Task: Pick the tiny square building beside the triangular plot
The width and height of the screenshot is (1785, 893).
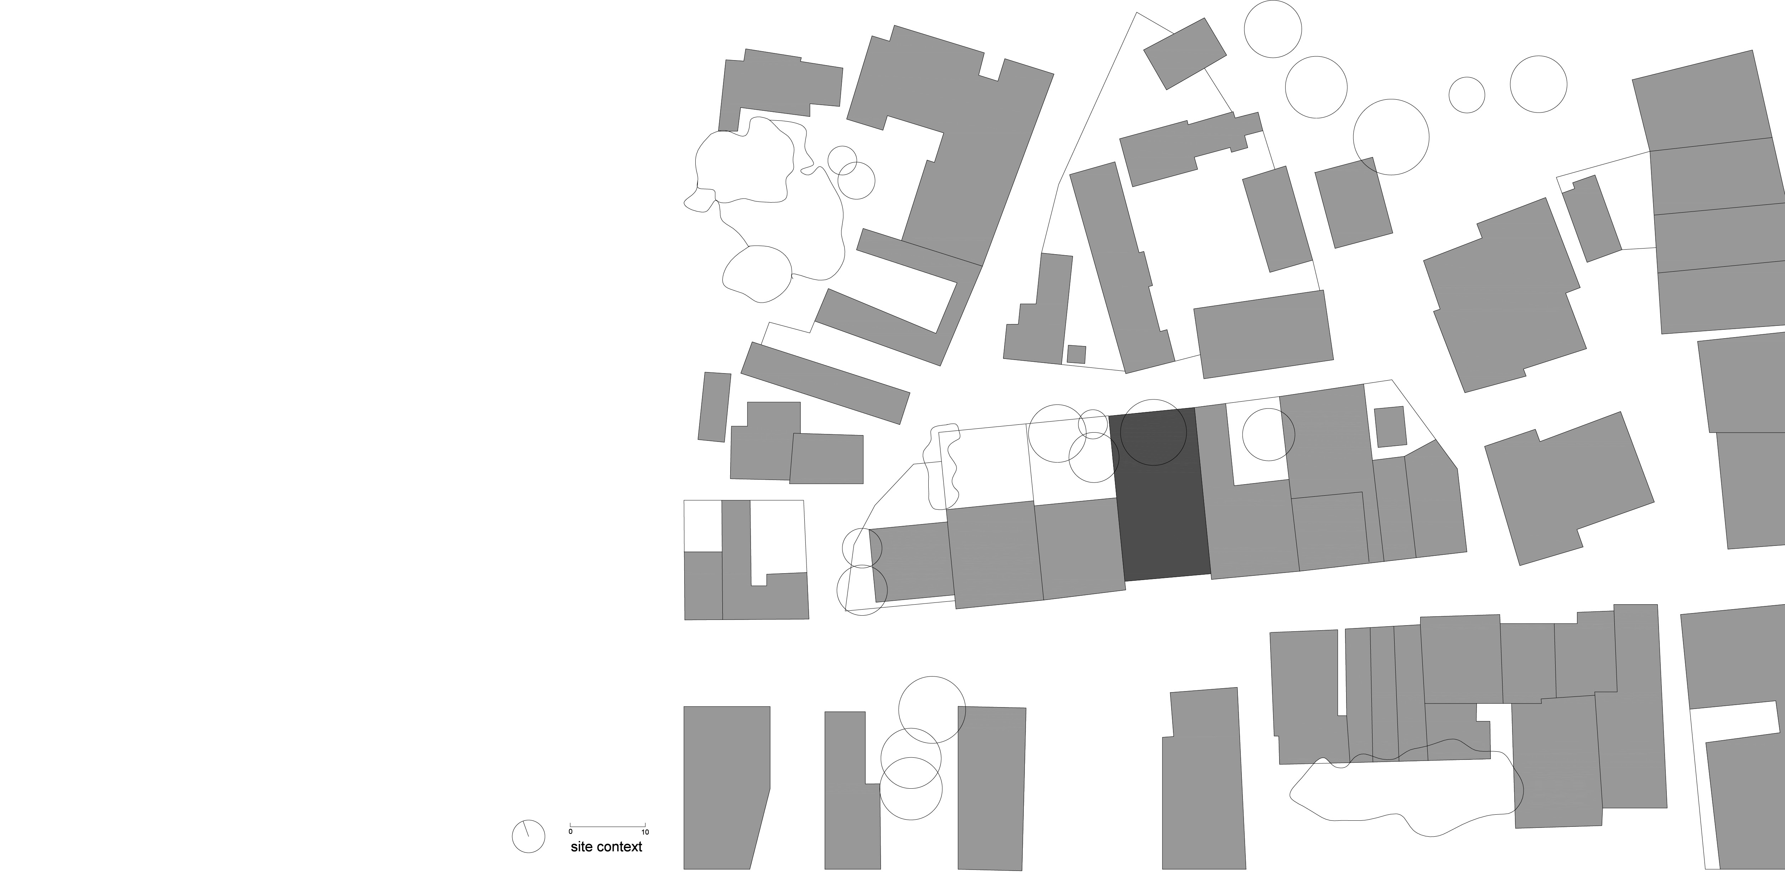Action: pyautogui.click(x=1076, y=354)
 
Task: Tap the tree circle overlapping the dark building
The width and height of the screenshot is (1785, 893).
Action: pyautogui.click(x=1153, y=432)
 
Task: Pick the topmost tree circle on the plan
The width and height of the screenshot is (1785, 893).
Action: pyautogui.click(x=1273, y=29)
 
